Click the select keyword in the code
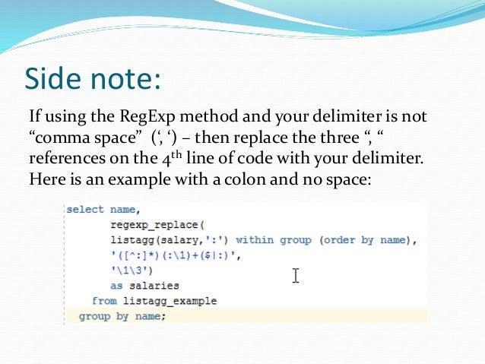[x=84, y=210]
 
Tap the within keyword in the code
[x=255, y=240]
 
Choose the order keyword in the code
[x=336, y=240]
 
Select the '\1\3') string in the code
[x=131, y=271]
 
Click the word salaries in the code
[x=156, y=286]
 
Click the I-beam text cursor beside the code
[x=296, y=275]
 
